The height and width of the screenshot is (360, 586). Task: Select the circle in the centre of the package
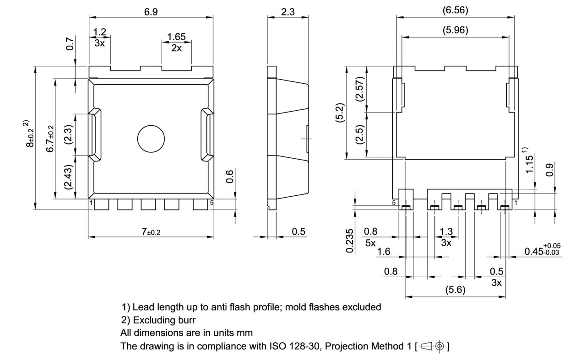(x=151, y=137)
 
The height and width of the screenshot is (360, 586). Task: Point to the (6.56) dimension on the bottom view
(x=455, y=10)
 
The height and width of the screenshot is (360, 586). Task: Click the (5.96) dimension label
(x=455, y=30)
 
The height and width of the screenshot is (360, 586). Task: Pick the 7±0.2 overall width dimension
(x=151, y=232)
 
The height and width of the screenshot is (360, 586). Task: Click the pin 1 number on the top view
(x=91, y=202)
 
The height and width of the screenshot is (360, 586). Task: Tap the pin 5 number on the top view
(x=211, y=202)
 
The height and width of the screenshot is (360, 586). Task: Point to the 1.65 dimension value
(x=176, y=36)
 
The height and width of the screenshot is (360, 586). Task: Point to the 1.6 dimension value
(x=384, y=251)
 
